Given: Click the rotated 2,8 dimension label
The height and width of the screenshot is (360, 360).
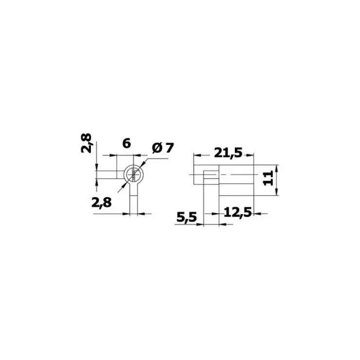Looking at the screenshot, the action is coord(87,143).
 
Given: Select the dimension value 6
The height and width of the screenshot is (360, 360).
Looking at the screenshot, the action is coord(126,143).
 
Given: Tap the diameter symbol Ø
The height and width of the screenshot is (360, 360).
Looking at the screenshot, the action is coord(157,148).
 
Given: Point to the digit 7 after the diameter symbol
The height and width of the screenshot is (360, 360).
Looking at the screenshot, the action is coord(169,148).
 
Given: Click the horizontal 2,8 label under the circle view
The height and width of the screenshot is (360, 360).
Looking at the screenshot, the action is coord(102,203).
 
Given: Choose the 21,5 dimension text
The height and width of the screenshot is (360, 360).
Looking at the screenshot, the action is coord(228,153).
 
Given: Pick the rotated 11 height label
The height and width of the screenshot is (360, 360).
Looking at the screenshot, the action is coord(268,178).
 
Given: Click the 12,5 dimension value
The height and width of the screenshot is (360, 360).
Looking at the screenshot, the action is coord(238,213).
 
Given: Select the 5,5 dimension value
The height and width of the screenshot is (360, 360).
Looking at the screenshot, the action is coord(187,217).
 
